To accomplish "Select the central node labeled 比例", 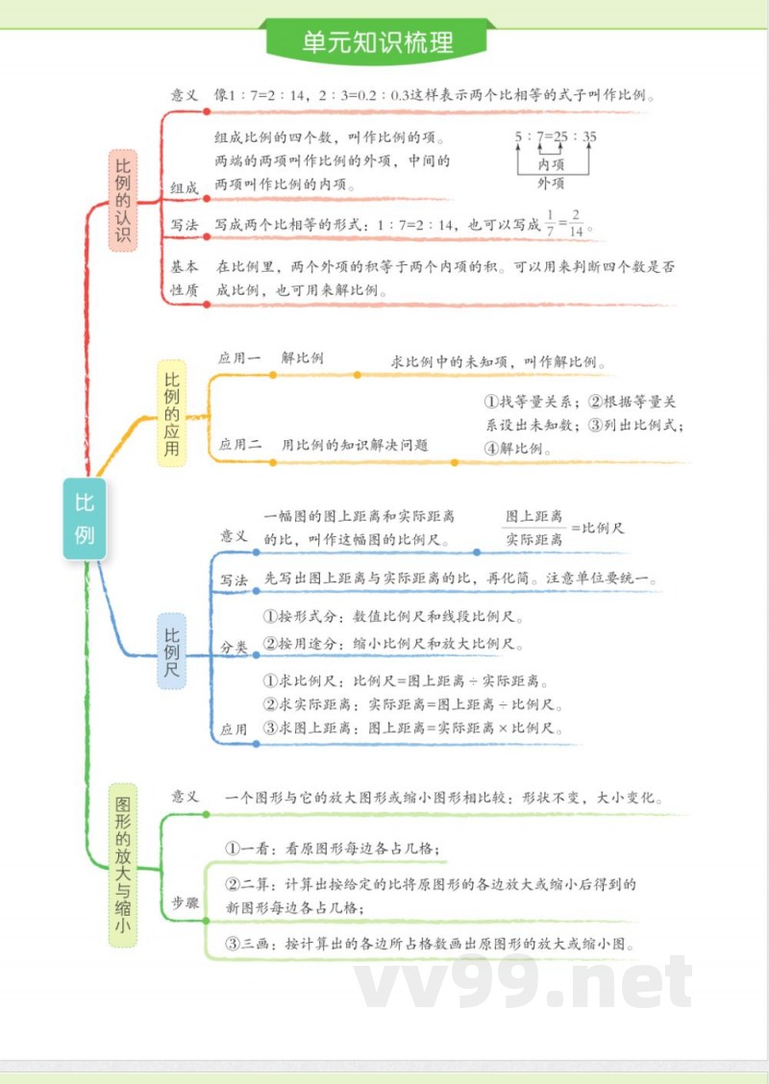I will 85,518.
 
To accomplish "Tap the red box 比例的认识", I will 123,201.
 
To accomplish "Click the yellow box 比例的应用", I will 171,413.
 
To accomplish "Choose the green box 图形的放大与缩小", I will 122,864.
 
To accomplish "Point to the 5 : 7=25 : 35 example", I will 555,137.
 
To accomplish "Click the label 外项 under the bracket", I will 551,183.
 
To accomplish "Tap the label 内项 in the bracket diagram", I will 551,164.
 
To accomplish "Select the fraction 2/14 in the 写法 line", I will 576,223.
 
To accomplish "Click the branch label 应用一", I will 239,357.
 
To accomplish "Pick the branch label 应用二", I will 239,444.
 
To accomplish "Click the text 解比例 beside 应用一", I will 302,357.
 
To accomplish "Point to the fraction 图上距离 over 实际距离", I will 534,529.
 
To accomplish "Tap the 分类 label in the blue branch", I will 234,648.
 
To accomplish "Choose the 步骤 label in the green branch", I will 186,902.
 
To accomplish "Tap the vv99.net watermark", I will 523,983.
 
